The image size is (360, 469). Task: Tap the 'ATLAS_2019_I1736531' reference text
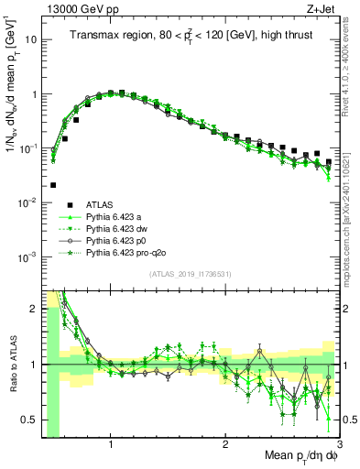190,275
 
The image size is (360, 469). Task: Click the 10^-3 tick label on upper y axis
27,256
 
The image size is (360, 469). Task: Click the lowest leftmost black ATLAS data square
53,184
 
